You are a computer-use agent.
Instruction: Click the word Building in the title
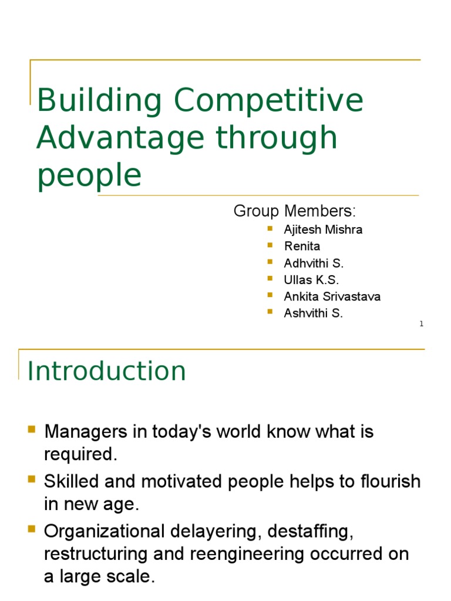[99, 101]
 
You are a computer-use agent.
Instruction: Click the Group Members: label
[295, 211]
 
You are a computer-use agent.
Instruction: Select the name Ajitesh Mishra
[323, 229]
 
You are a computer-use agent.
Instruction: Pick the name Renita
[302, 246]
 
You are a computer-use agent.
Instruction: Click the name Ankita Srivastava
[332, 296]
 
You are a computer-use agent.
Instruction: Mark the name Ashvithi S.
[313, 313]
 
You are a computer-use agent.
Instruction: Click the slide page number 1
[421, 324]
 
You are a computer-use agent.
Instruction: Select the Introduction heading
[107, 371]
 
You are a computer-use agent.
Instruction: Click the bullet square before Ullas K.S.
[270, 278]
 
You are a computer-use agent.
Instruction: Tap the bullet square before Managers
[32, 431]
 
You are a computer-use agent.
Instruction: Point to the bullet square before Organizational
[32, 529]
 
